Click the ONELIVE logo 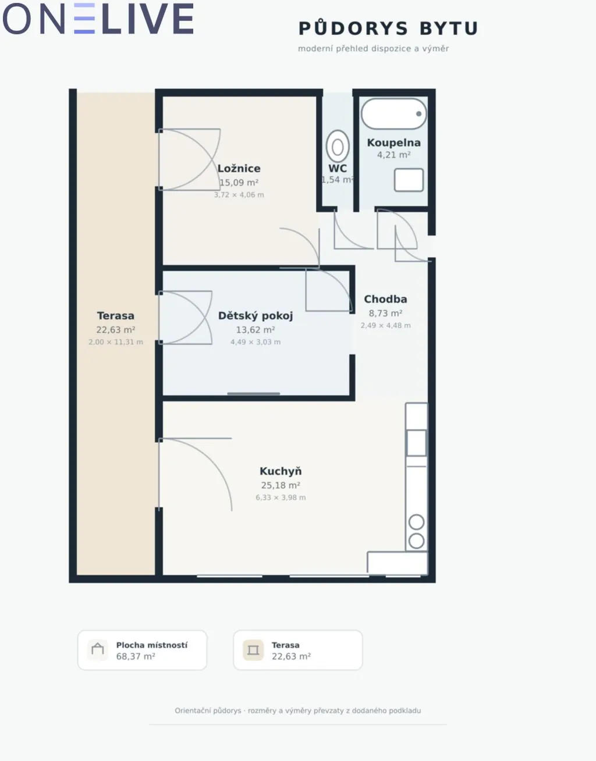(x=98, y=19)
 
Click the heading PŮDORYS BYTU (x=388, y=28)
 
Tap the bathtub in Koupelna (x=394, y=113)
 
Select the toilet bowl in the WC (x=338, y=147)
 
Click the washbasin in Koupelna (x=409, y=180)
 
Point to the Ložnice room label (x=239, y=169)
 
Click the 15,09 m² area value (x=239, y=183)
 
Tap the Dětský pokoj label (x=256, y=316)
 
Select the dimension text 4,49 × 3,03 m (x=256, y=342)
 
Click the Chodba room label (x=385, y=299)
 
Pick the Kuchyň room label (x=281, y=471)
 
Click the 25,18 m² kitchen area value (x=281, y=485)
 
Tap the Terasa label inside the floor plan (x=116, y=315)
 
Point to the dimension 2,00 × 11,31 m (x=116, y=342)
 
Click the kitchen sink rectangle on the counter (x=416, y=443)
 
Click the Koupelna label (x=393, y=143)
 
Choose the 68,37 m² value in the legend (x=136, y=656)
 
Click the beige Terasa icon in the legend (x=253, y=650)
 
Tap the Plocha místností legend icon (x=97, y=650)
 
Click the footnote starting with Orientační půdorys (x=297, y=710)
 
